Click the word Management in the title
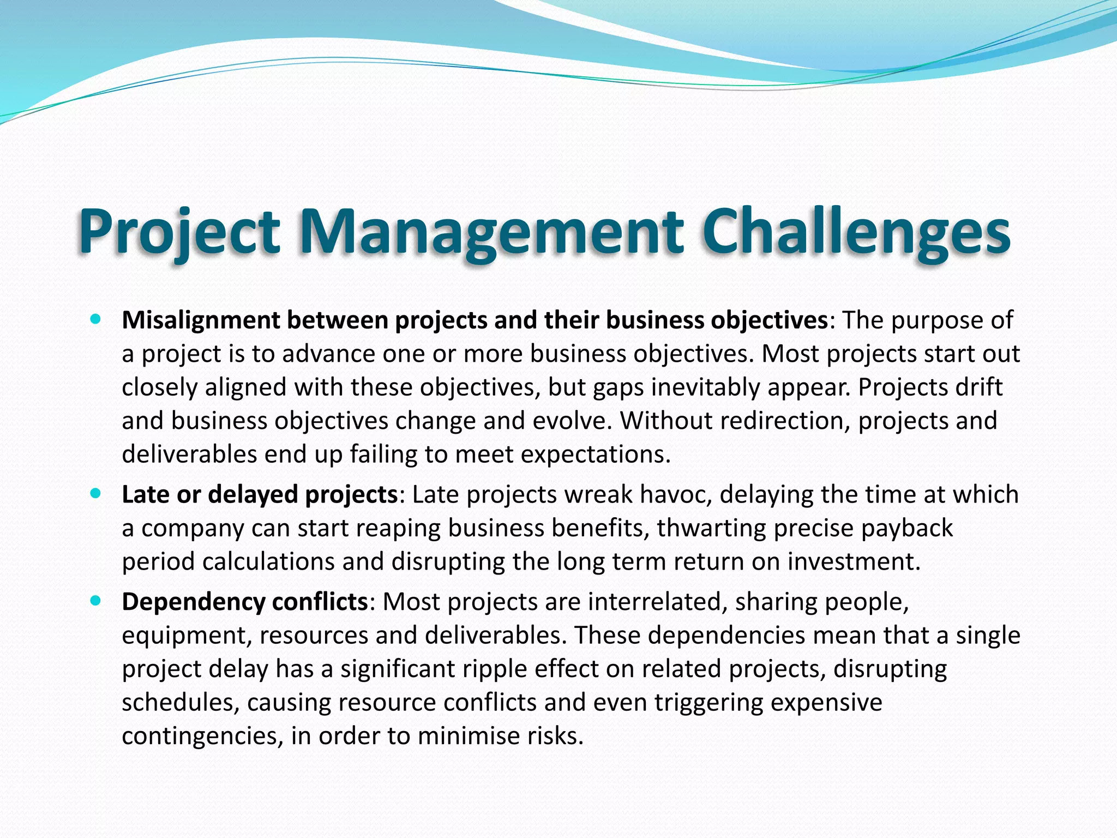point(491,232)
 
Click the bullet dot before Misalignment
point(97,320)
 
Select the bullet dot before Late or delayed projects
point(97,494)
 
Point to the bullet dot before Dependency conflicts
point(97,601)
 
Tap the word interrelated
point(657,602)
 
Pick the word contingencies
point(202,736)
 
